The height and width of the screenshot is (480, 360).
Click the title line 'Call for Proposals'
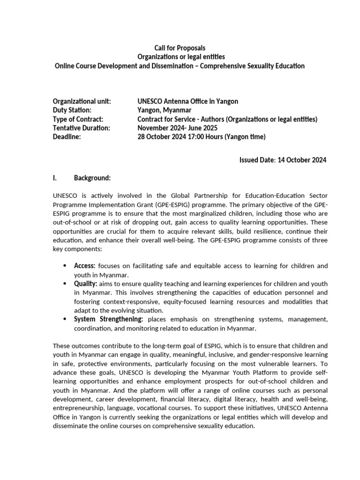click(180, 48)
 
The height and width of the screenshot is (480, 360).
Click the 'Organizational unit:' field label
click(82, 101)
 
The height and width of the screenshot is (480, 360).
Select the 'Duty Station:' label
click(72, 110)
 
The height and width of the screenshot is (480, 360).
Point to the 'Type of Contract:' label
click(78, 119)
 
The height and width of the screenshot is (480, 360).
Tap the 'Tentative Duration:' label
click(82, 128)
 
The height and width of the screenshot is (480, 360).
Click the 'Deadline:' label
click(67, 137)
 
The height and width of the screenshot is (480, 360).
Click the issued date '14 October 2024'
click(302, 160)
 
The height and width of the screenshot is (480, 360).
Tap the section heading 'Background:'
click(92, 178)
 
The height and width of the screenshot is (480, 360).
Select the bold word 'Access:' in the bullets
click(85, 266)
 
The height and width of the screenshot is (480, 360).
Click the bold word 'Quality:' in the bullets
click(86, 284)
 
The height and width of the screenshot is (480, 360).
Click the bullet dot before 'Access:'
click(65, 266)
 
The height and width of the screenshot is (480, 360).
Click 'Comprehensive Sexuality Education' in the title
click(253, 66)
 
